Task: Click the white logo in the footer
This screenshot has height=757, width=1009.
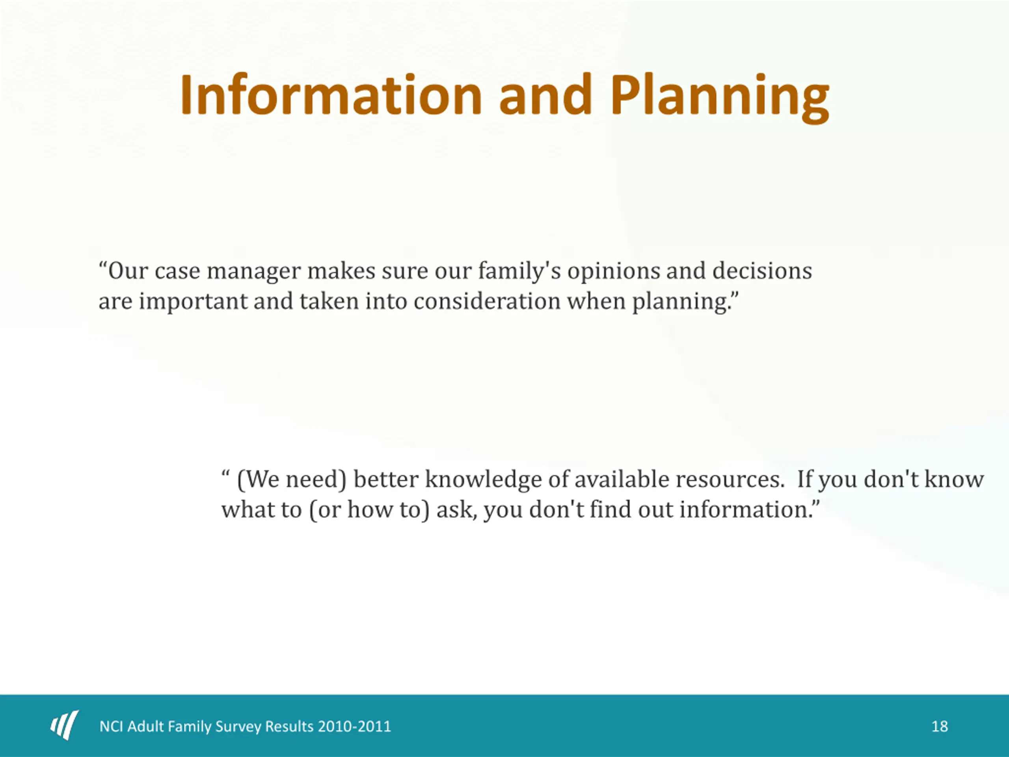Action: pyautogui.click(x=64, y=725)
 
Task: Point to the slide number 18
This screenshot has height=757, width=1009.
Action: pyautogui.click(x=940, y=726)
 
